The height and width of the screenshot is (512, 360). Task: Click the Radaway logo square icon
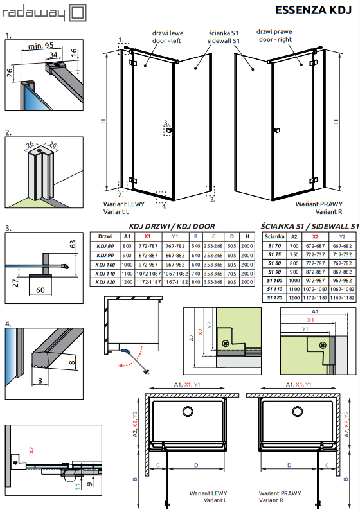point(78,13)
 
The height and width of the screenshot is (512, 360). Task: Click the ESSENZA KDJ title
point(313,10)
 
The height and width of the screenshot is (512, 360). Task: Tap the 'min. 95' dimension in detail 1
point(40,46)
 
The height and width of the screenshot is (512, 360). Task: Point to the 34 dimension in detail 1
point(53,55)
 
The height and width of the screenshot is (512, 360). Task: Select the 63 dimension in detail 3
point(73,244)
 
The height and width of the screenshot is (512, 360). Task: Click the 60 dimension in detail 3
point(40,290)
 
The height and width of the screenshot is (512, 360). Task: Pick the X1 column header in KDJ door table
point(148,236)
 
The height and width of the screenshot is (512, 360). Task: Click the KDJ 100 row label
point(105,265)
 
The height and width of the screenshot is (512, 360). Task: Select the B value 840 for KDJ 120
point(195,282)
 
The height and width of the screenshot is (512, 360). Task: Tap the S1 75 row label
point(274,254)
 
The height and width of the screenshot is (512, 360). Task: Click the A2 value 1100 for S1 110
point(294,289)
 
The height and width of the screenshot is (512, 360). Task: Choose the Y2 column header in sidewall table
point(342,237)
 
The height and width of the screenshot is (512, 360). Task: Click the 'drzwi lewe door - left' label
point(167,37)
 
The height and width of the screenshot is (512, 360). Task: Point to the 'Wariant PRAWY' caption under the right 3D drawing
point(319,204)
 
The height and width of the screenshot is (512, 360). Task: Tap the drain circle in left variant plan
point(188,411)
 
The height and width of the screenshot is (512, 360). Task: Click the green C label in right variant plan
point(327,465)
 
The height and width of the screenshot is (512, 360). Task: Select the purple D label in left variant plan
point(195,465)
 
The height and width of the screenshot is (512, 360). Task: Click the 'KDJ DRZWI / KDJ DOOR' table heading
point(172,226)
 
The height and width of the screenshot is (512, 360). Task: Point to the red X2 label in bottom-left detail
point(32,450)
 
